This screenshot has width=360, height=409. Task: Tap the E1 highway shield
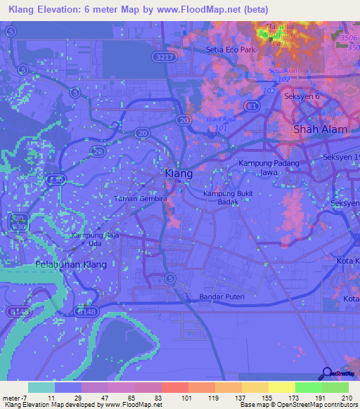pyautogui.click(x=251, y=105)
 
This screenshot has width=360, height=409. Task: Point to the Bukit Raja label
pyautogui.click(x=220, y=119)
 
